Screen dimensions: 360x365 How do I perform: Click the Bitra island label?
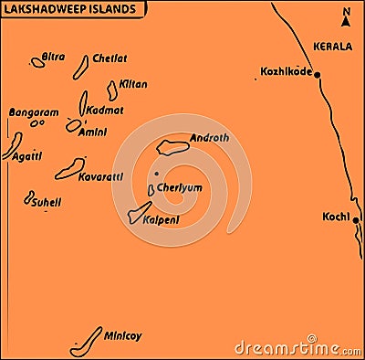[x=54, y=57]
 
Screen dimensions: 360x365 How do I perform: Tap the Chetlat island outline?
[x=80, y=67]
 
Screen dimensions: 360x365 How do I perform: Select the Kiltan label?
[x=133, y=84]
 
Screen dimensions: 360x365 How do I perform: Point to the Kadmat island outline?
[x=83, y=101]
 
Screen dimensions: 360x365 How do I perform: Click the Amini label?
[x=94, y=132]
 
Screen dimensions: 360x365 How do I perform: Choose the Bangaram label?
[x=33, y=112]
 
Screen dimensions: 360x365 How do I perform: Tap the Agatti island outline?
[x=16, y=143]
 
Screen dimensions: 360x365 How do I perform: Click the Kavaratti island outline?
[x=69, y=168]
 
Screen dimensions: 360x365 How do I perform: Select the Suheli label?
[x=46, y=205]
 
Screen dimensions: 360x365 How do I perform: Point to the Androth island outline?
[x=172, y=147]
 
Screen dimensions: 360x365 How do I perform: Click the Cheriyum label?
[x=180, y=187]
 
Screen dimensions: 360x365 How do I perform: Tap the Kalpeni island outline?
[x=140, y=213]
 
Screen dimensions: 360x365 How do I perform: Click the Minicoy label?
[x=123, y=335]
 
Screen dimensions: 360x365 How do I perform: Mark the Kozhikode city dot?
[x=318, y=75]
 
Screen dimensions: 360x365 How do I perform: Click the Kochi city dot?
[x=357, y=220]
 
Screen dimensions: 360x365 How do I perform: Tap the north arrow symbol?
[x=346, y=16]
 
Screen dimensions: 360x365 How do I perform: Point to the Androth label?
[x=210, y=139]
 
